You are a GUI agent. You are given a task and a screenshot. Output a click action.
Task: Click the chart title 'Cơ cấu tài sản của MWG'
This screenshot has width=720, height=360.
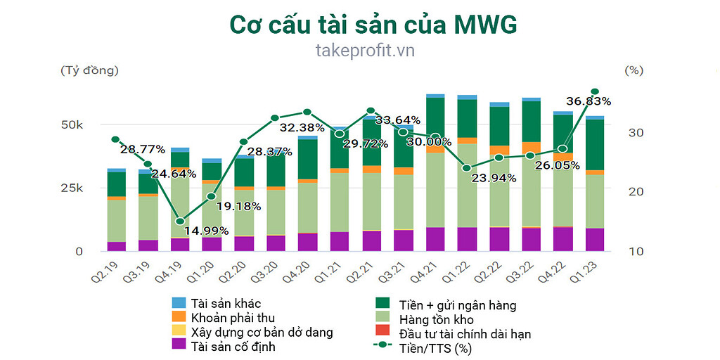tap(373, 25)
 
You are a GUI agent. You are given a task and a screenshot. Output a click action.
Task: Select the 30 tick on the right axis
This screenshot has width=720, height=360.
tap(634, 132)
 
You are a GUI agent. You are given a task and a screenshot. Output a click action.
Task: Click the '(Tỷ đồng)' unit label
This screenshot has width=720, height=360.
tap(90, 70)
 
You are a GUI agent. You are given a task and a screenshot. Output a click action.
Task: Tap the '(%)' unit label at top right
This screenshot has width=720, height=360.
tap(634, 70)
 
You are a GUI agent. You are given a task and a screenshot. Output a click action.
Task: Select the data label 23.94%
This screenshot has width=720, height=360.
tap(493, 178)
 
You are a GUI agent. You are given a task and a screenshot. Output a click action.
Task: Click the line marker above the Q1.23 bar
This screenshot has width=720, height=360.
tap(595, 92)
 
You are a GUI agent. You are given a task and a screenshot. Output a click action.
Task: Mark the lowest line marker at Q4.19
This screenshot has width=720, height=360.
tap(180, 221)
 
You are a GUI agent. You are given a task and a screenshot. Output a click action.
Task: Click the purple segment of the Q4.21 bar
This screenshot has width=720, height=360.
tap(435, 239)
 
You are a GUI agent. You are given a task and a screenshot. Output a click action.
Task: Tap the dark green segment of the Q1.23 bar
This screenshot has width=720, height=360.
tap(595, 144)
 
